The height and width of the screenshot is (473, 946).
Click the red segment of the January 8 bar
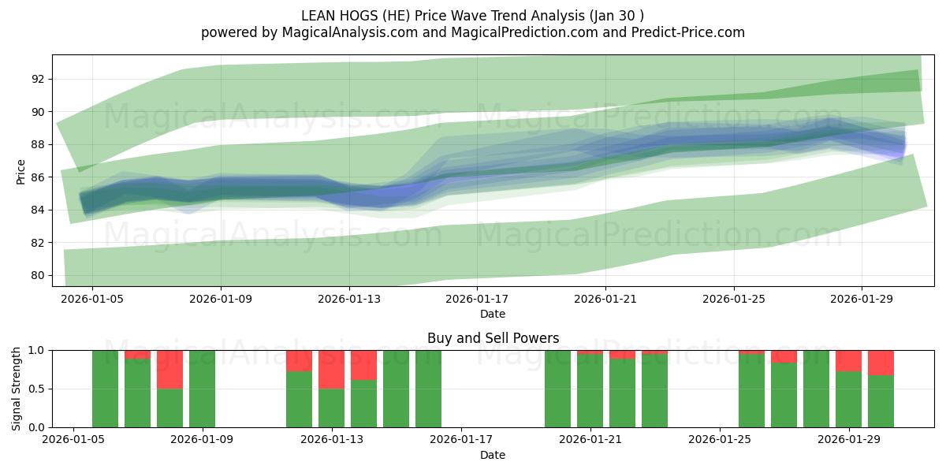pos(169,369)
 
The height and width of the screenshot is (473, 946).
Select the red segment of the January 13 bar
pos(331,369)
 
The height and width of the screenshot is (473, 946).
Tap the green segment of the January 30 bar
pos(881,401)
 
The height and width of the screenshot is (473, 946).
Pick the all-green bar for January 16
pos(428,389)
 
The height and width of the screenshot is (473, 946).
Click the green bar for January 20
pos(557,389)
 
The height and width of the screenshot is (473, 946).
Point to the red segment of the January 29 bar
pos(848,360)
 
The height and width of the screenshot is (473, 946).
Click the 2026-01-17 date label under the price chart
pos(477,299)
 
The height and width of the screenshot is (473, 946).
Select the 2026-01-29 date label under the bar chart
pos(848,440)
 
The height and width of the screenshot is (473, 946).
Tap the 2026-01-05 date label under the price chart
pos(92,299)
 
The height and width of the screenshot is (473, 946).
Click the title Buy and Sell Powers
pos(493,338)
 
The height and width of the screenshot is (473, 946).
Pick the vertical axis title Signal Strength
pos(17,389)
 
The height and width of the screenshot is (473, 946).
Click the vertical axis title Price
pos(20,172)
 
